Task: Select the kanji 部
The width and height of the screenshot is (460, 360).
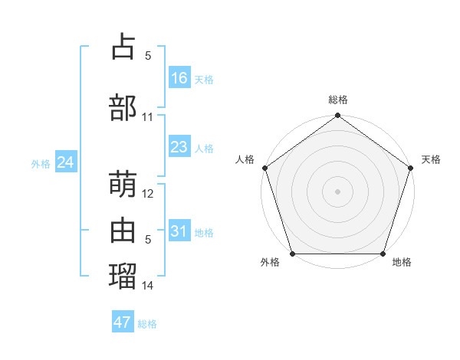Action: pos(123,108)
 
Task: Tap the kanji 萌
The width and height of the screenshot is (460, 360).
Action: pos(123,184)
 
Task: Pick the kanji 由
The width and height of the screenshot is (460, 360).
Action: pos(123,231)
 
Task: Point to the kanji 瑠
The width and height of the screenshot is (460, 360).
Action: pos(123,275)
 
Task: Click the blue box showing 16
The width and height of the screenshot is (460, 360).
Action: pos(179,77)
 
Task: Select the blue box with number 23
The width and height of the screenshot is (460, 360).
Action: pos(179,147)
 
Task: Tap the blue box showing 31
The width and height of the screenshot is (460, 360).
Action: pos(179,231)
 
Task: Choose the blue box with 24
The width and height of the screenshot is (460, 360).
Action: pos(66,162)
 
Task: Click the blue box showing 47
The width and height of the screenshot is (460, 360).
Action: pos(123,322)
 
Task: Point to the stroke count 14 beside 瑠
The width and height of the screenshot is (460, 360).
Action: pos(148,286)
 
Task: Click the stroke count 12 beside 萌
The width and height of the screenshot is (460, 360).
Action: pos(148,194)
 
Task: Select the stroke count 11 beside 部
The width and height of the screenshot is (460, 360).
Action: pos(148,117)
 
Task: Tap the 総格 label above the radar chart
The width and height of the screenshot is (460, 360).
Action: pos(338,100)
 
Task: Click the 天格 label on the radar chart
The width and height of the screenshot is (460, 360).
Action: pos(431,159)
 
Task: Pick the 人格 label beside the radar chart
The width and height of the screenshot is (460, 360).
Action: pos(245,159)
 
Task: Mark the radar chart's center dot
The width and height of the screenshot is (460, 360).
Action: pos(338,191)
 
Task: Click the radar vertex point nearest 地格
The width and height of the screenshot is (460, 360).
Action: pos(383,254)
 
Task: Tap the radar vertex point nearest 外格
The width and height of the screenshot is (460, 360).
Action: pos(292,254)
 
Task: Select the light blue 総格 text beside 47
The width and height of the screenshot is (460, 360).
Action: pos(147,324)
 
